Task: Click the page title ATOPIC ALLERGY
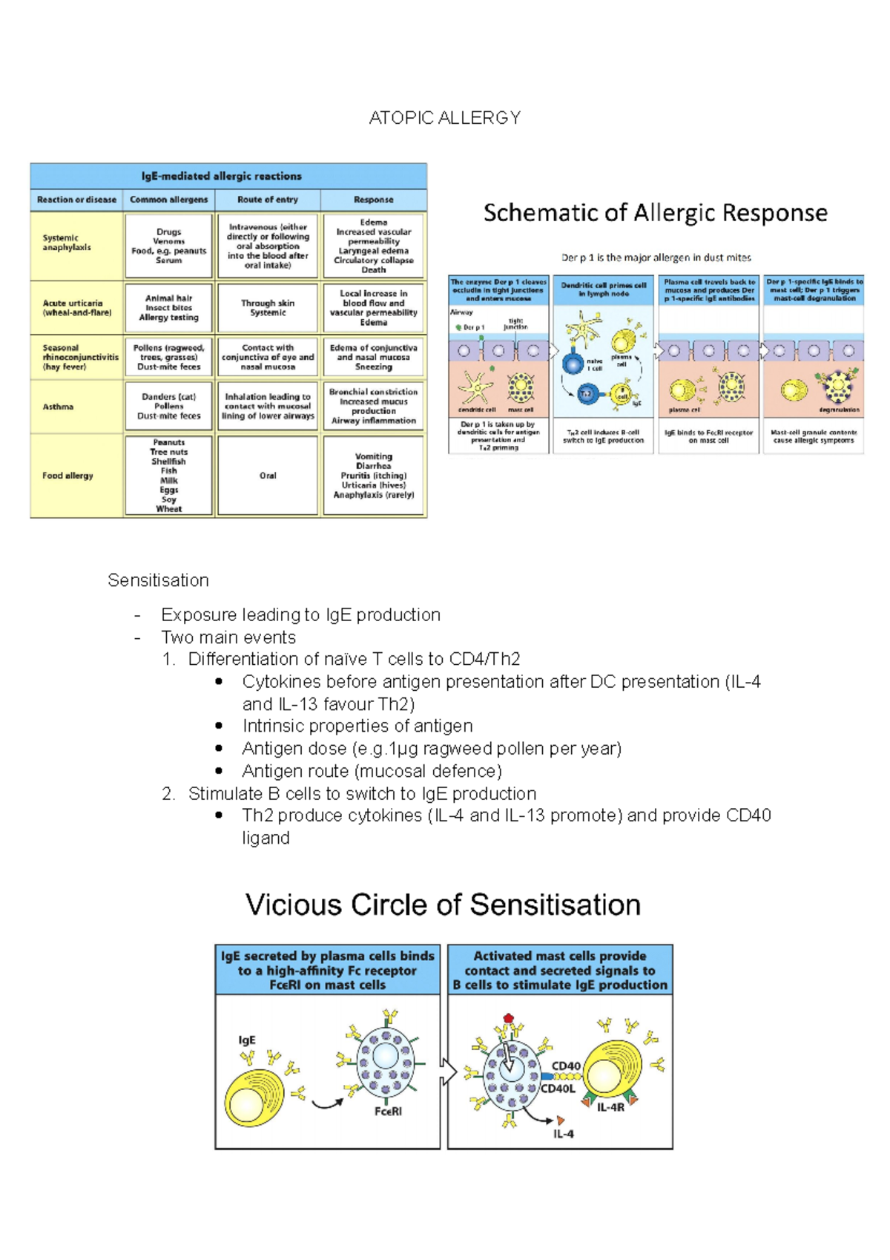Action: (x=445, y=118)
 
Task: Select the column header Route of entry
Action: (x=268, y=200)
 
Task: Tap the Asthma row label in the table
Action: (x=58, y=407)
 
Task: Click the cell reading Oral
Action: (x=268, y=476)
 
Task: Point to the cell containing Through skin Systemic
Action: (x=268, y=308)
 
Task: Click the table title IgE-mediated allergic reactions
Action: (x=221, y=176)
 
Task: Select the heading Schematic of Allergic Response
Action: (x=655, y=213)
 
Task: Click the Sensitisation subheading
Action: (x=158, y=580)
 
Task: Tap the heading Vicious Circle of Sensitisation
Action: (x=443, y=905)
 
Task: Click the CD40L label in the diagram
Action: (x=558, y=1089)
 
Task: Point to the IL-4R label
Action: (x=610, y=1107)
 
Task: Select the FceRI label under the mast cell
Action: (x=388, y=1111)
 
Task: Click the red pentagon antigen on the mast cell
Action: (x=508, y=1018)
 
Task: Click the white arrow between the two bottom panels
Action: (x=448, y=1072)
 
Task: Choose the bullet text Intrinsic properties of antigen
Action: (x=357, y=726)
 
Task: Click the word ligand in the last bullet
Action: (x=266, y=838)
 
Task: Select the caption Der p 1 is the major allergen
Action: (x=656, y=257)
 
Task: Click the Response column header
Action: (x=374, y=200)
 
